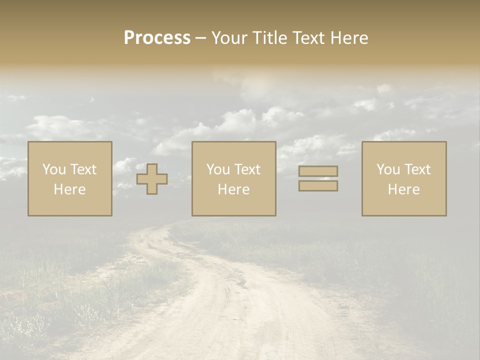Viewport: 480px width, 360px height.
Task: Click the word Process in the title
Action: pos(157,38)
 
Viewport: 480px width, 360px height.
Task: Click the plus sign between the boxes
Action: pos(152,179)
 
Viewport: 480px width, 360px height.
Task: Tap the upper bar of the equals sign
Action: pos(318,171)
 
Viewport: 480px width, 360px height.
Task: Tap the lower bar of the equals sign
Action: pos(318,186)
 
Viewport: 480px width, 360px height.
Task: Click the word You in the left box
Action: pos(54,169)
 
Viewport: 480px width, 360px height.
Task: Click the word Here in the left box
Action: pos(69,189)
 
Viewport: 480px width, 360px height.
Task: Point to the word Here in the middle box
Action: pos(233,189)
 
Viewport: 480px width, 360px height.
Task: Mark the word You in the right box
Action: pos(388,169)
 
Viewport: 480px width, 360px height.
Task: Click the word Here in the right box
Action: pos(403,189)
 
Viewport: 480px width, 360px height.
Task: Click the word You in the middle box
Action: pos(218,169)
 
